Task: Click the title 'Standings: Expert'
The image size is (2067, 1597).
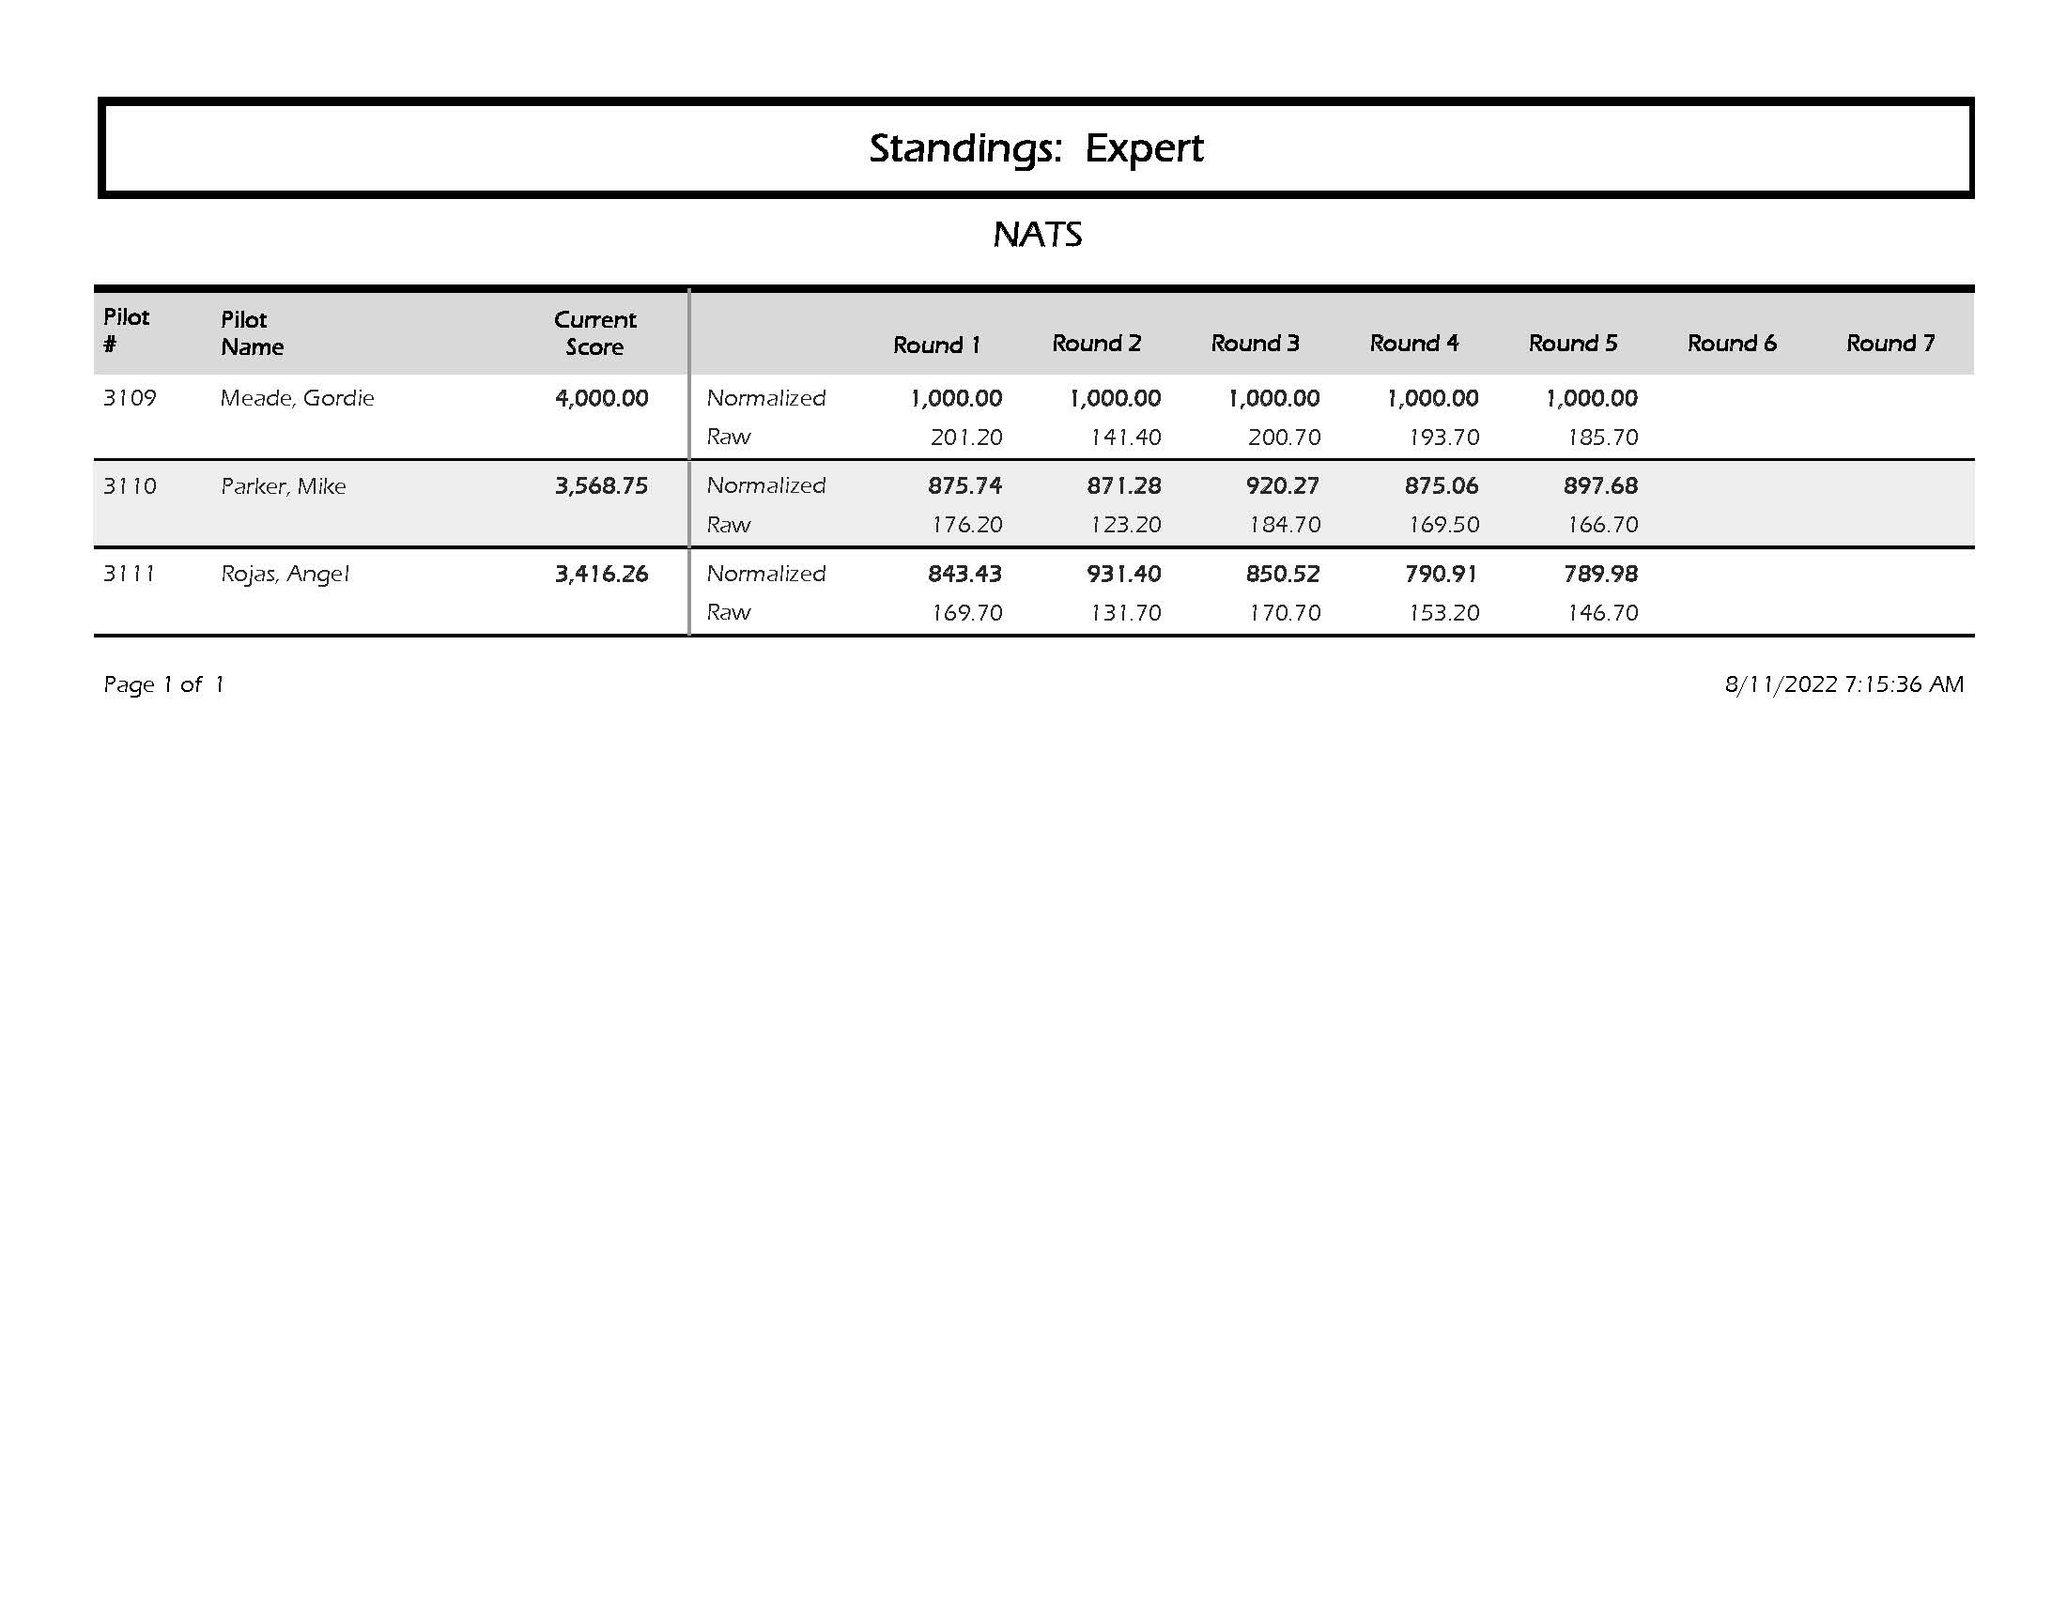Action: [1036, 148]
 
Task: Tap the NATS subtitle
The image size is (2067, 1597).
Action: [1038, 235]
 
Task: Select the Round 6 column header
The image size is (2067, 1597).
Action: [1731, 344]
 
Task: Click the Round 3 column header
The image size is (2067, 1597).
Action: [1255, 344]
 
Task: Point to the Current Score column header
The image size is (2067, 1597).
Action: [595, 333]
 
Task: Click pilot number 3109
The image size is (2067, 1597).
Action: [130, 398]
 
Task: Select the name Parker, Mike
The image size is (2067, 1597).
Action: [283, 486]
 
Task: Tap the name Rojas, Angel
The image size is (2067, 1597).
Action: [285, 575]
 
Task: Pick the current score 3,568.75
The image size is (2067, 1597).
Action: [601, 486]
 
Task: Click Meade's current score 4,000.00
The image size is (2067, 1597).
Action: [601, 398]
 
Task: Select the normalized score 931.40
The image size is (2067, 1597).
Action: [1123, 575]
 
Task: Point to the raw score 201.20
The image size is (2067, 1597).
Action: [965, 438]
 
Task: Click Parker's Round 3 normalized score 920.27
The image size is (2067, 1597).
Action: [1283, 486]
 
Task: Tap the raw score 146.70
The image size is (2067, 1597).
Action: [1601, 613]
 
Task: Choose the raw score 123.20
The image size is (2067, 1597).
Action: [1124, 525]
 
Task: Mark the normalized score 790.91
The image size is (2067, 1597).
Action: [1441, 575]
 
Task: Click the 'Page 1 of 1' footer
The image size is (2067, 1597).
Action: [163, 685]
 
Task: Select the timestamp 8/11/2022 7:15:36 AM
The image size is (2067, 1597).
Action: [1843, 685]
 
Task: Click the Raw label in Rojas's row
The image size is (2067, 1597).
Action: [728, 613]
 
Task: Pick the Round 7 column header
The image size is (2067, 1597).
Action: [1890, 344]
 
